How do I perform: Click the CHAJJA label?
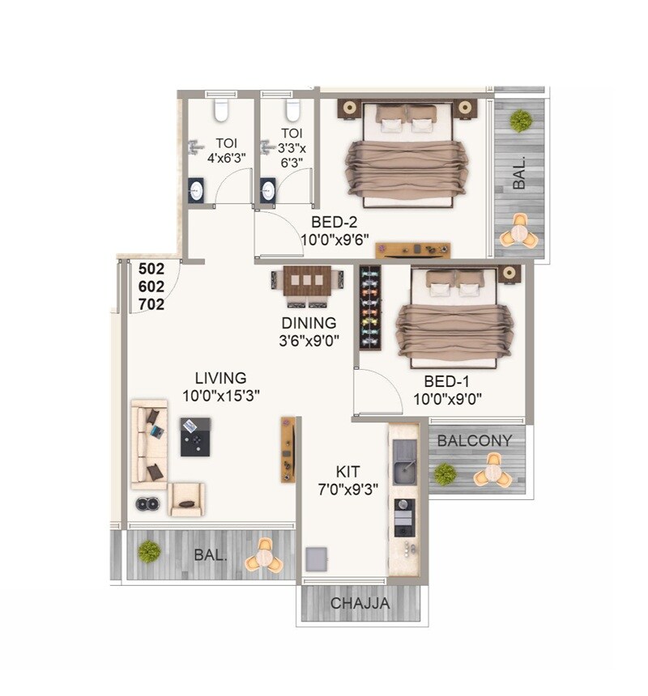(x=360, y=603)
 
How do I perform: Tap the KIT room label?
(x=348, y=470)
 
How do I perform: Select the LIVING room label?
(x=220, y=378)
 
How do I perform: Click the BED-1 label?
(x=447, y=381)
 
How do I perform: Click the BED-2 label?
(x=335, y=222)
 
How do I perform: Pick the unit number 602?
(x=151, y=286)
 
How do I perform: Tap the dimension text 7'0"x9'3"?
(x=349, y=488)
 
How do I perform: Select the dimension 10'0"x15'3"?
(x=221, y=396)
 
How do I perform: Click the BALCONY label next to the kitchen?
(x=475, y=440)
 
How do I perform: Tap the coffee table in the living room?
(x=195, y=436)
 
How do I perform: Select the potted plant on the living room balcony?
(x=149, y=552)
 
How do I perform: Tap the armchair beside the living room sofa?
(x=187, y=500)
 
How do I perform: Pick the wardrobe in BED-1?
(x=370, y=308)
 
